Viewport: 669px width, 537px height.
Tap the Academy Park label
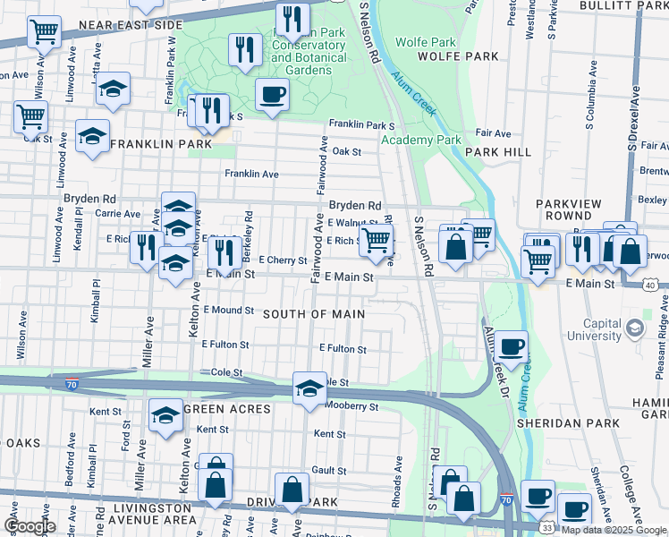(420, 140)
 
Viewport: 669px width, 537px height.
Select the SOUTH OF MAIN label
(314, 314)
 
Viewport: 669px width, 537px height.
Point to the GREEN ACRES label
(226, 409)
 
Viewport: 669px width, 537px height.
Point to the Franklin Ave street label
(251, 174)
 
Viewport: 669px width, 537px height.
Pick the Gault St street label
(328, 470)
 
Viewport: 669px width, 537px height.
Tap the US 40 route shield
(651, 284)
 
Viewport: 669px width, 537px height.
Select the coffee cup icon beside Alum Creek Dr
(512, 347)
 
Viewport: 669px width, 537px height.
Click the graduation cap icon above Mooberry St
(309, 388)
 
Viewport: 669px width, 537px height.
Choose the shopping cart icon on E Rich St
(376, 239)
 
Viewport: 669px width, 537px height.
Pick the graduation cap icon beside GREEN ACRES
(165, 415)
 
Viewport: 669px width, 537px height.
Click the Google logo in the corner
(30, 526)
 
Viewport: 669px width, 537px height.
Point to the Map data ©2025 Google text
(614, 530)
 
